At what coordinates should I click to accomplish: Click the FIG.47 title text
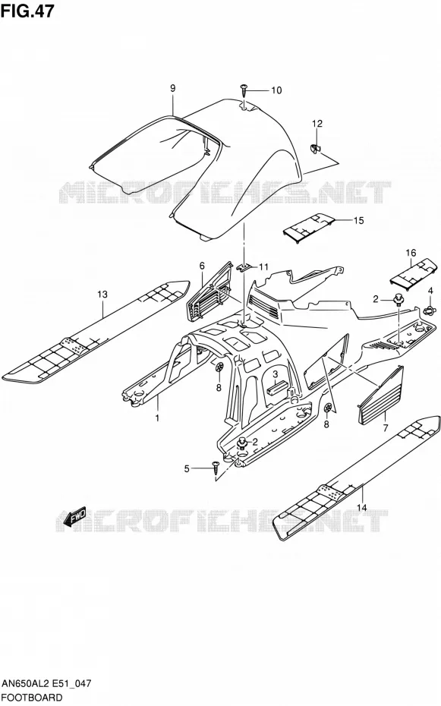[x=27, y=11]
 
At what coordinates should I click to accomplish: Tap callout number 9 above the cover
[x=173, y=89]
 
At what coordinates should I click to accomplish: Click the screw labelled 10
[x=244, y=90]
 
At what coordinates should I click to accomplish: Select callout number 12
[x=317, y=124]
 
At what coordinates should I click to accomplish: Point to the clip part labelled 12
[x=316, y=149]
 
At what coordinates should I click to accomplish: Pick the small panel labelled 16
[x=413, y=273]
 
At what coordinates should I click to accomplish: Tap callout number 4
[x=430, y=291]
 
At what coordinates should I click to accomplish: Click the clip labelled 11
[x=243, y=267]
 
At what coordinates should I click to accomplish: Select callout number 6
[x=202, y=266]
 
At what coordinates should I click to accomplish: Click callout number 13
[x=102, y=295]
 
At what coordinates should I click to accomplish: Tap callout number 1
[x=158, y=418]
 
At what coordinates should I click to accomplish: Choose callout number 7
[x=385, y=428]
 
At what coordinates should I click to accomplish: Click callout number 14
[x=362, y=507]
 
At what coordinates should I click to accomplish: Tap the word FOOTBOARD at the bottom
[x=32, y=698]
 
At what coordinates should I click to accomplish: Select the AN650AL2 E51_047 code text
[x=46, y=683]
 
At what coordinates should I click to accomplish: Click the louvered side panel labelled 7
[x=381, y=396]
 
